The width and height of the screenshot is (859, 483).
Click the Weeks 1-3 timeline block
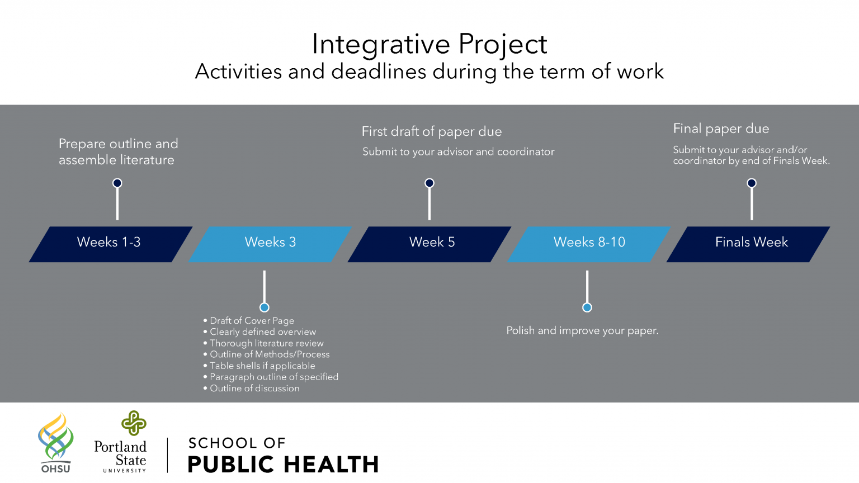pyautogui.click(x=111, y=244)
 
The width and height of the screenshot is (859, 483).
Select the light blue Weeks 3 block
pyautogui.click(x=270, y=244)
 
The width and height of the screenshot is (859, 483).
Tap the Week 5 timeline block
pyautogui.click(x=429, y=244)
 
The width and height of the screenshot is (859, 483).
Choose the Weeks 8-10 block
pyautogui.click(x=589, y=244)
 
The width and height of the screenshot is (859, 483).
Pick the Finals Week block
pyautogui.click(x=748, y=244)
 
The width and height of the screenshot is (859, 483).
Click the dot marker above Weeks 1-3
pyautogui.click(x=117, y=183)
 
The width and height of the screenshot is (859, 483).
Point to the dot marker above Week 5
pyautogui.click(x=429, y=183)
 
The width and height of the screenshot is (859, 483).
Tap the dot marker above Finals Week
pyautogui.click(x=752, y=183)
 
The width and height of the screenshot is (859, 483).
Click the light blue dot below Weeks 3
pyautogui.click(x=264, y=307)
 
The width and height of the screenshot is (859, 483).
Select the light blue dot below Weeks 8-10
pyautogui.click(x=587, y=307)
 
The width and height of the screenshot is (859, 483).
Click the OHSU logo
pyautogui.click(x=56, y=443)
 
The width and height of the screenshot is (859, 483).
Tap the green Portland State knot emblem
pyautogui.click(x=134, y=423)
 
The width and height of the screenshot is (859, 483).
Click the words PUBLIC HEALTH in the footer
pyautogui.click(x=284, y=464)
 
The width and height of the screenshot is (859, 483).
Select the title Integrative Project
pyautogui.click(x=429, y=45)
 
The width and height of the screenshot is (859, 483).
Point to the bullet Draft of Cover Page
pyautogui.click(x=248, y=320)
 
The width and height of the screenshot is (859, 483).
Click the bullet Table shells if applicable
pyautogui.click(x=259, y=366)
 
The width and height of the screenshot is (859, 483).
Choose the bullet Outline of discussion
pyautogui.click(x=251, y=389)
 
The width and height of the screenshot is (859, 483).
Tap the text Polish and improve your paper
pyautogui.click(x=583, y=331)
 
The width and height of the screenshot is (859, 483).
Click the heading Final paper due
pyautogui.click(x=721, y=129)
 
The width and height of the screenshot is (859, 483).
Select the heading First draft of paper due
pyautogui.click(x=432, y=132)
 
